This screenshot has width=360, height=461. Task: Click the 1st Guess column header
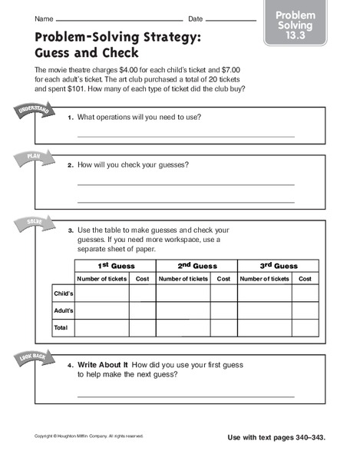point(114,265)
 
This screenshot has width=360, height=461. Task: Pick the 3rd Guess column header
point(278,265)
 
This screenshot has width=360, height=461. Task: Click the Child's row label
point(62,294)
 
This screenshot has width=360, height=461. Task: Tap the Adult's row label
point(62,310)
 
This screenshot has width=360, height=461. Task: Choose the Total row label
point(61,327)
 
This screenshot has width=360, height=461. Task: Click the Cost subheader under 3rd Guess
point(305,279)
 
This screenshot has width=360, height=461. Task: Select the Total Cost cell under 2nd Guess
point(223,327)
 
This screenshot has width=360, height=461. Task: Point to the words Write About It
point(103,363)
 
